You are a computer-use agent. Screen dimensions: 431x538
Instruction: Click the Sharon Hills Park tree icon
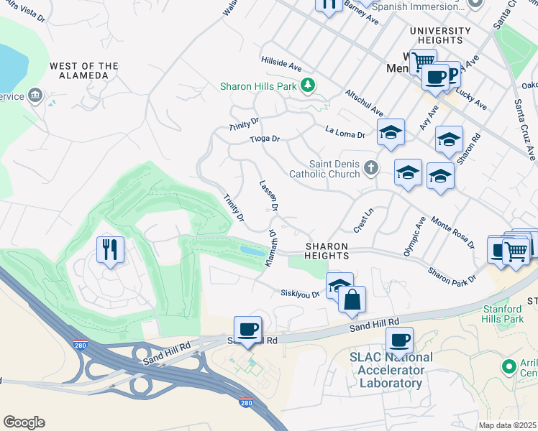coord(309,86)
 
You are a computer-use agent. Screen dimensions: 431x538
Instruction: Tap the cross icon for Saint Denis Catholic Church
coord(370,168)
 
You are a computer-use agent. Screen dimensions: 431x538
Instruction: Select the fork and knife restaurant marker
coord(109,250)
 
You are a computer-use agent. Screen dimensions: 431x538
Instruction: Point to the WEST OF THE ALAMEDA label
coord(84,71)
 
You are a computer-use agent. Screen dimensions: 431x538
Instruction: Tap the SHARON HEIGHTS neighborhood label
coord(327,251)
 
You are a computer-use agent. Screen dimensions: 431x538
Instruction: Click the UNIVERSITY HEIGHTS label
coord(440,35)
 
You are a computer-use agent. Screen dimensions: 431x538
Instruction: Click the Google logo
coord(24,422)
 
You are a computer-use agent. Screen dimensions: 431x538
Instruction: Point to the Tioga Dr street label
coord(264,139)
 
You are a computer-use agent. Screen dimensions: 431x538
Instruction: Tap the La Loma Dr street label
coord(345,132)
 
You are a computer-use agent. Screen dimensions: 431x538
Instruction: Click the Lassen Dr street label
coord(269,195)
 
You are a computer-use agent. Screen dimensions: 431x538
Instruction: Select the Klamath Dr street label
coord(271,249)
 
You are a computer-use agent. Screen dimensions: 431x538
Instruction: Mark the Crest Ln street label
coord(363,221)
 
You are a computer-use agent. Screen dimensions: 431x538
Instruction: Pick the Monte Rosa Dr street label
coord(452,231)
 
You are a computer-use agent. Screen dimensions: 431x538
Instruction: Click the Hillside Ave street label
coord(281,65)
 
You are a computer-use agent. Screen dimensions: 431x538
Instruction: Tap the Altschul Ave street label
coord(364,103)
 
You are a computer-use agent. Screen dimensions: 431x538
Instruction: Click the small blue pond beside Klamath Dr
coord(252,251)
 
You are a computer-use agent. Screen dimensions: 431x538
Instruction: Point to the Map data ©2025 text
coord(507,425)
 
